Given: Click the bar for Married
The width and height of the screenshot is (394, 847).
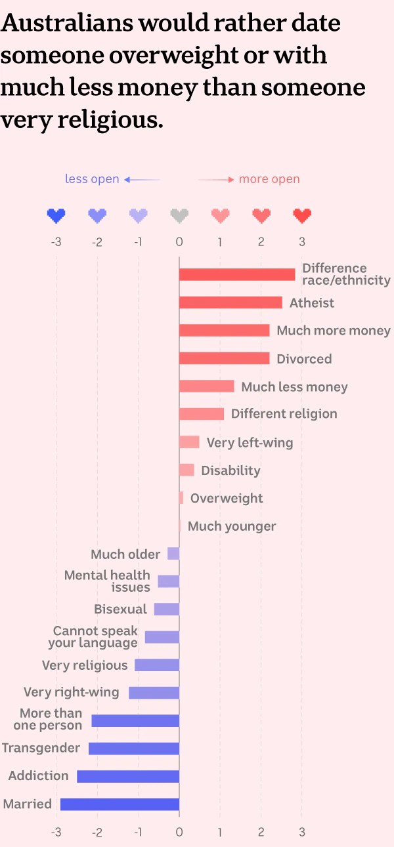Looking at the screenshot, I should pyautogui.click(x=120, y=804).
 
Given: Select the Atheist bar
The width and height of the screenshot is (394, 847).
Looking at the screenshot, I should pyautogui.click(x=230, y=302).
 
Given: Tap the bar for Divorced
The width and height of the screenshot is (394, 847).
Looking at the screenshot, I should pyautogui.click(x=224, y=358).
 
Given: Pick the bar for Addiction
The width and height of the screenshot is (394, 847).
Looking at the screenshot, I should pyautogui.click(x=128, y=776).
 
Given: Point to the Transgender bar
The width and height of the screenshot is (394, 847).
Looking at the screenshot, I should pyautogui.click(x=134, y=748).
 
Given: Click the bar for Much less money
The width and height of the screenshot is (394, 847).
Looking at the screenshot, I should pyautogui.click(x=206, y=386).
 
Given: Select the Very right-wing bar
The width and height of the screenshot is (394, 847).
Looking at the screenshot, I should pyautogui.click(x=154, y=692).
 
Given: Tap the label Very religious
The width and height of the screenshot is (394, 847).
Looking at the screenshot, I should pyautogui.click(x=85, y=665).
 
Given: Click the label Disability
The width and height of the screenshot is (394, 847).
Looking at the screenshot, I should pyautogui.click(x=230, y=470).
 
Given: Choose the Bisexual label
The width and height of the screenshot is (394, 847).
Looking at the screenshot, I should pyautogui.click(x=120, y=609).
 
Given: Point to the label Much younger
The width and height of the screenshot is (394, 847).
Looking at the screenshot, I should pyautogui.click(x=232, y=526).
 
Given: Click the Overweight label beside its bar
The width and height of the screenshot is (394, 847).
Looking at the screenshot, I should pyautogui.click(x=227, y=498).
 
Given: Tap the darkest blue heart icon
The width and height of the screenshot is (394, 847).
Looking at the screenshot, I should pyautogui.click(x=56, y=215).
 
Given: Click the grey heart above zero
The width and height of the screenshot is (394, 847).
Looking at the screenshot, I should pyautogui.click(x=179, y=215).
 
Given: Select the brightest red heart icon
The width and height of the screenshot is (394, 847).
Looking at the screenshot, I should pyautogui.click(x=302, y=215).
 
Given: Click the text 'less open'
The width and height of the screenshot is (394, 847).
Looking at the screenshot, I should pyautogui.click(x=92, y=179).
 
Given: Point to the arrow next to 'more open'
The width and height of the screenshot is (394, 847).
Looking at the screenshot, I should pyautogui.click(x=216, y=179).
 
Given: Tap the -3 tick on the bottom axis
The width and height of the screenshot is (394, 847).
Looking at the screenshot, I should pyautogui.click(x=56, y=833).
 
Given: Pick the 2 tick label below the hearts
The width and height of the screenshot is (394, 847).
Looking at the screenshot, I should pyautogui.click(x=261, y=242).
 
